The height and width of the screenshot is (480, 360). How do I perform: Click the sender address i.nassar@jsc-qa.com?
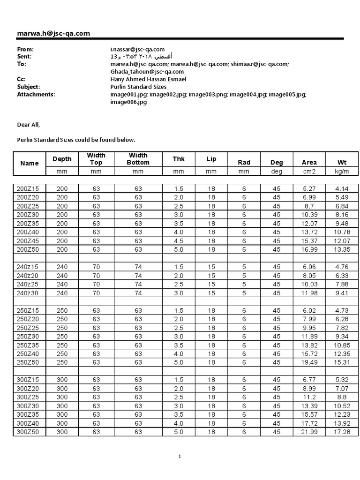pos(137,49)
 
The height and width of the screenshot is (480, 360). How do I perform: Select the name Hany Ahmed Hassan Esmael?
pos(148,79)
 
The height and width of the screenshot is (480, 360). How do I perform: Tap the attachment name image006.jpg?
pos(128,102)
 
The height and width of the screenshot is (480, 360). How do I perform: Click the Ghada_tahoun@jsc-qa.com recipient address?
pos(147,71)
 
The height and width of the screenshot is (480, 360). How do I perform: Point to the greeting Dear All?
pos(29,125)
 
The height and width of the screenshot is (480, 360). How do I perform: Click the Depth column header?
pos(62,159)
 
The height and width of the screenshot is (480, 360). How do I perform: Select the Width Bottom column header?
pos(138,159)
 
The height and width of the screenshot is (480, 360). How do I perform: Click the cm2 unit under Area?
pos(309,172)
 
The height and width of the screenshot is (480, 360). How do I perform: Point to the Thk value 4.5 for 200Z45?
pos(179,240)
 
